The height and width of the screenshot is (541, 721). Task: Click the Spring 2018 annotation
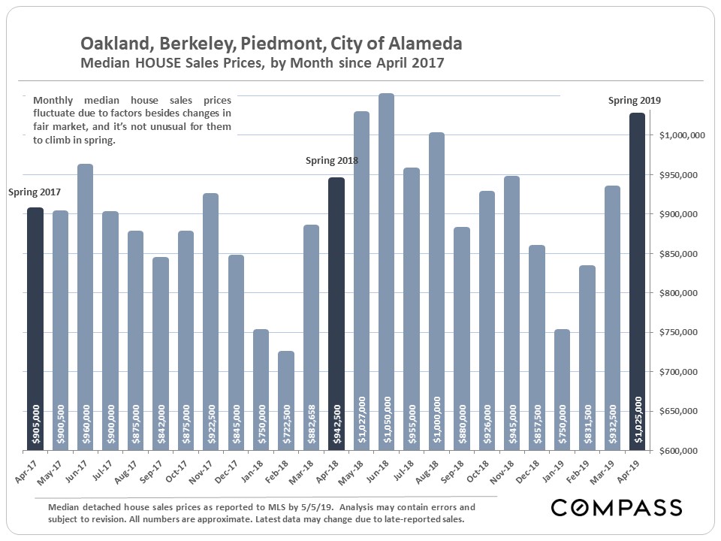click(331, 161)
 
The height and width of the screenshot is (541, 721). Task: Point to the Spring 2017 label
click(35, 192)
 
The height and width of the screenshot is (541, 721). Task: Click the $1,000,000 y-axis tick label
click(680, 136)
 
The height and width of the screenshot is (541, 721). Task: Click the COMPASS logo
click(617, 507)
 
